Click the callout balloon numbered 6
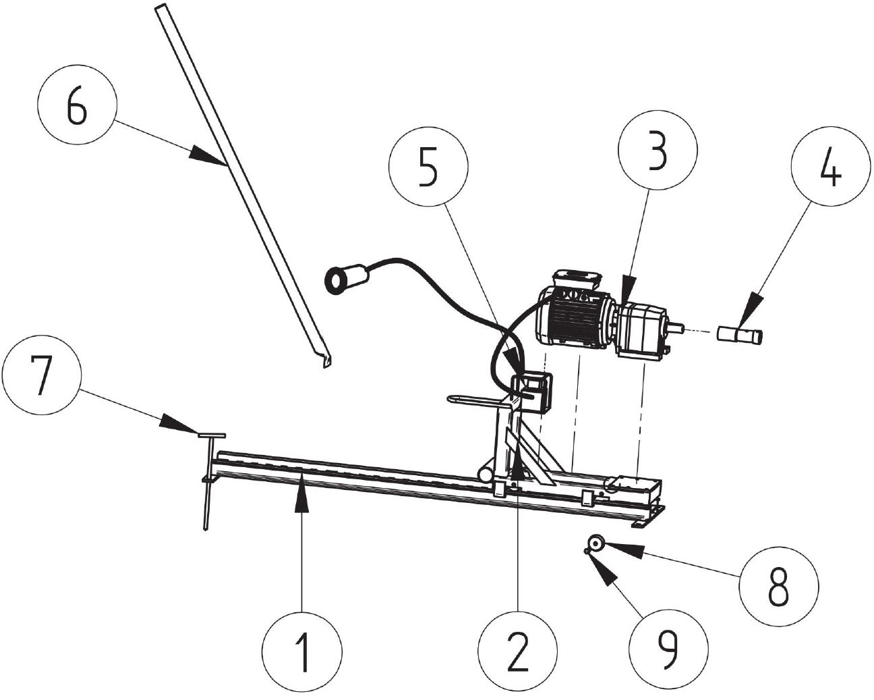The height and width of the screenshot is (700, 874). tap(77, 104)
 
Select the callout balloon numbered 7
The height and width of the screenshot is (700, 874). tap(42, 375)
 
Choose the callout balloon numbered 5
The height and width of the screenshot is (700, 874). tap(428, 167)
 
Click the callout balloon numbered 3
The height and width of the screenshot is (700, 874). tap(658, 150)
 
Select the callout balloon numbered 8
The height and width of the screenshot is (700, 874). tap(778, 586)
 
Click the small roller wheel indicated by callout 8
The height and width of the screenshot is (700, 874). tap(596, 543)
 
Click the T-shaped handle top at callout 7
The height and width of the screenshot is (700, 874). tap(212, 435)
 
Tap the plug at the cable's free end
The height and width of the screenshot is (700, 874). tap(346, 279)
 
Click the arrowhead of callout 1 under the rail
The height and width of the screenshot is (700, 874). tap(301, 497)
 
